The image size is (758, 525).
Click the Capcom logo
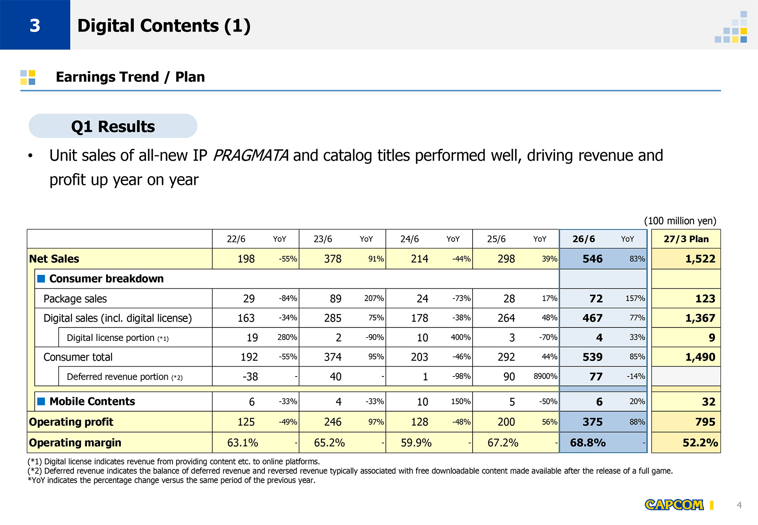point(674,505)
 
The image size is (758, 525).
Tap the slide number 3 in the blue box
point(35,26)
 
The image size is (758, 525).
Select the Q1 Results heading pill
point(113,126)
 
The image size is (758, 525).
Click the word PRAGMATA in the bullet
point(251,156)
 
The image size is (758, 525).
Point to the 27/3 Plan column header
point(686,239)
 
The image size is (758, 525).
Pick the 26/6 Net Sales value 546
point(593,259)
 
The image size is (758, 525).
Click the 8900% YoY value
point(546,376)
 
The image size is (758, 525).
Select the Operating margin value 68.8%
point(588,442)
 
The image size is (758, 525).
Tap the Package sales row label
point(75,299)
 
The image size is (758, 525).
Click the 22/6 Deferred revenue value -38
point(250,376)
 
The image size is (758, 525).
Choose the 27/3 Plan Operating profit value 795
point(705,422)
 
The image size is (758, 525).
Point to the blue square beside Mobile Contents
point(41,401)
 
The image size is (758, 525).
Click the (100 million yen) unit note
point(680,221)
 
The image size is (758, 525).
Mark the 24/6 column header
point(409,239)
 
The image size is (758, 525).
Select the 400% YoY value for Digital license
point(461,337)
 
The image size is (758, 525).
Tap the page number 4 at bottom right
point(739,505)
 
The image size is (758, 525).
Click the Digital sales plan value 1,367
point(700,318)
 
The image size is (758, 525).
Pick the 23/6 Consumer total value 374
point(333,357)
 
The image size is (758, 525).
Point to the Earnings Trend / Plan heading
point(130,77)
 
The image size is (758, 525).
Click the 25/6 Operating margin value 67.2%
point(503,442)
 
